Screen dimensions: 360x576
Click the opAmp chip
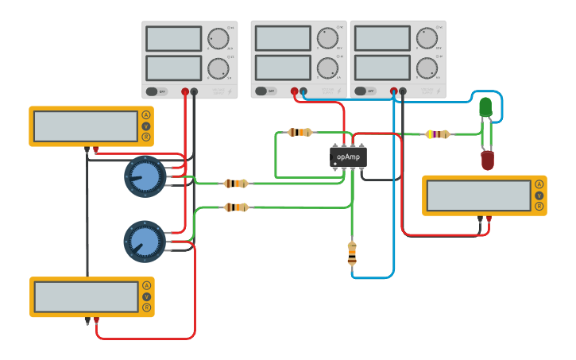(x=348, y=157)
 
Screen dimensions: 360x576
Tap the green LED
(x=485, y=107)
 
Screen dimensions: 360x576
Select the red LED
(x=487, y=161)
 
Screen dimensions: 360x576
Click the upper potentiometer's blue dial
(x=145, y=177)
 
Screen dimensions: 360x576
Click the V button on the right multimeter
(x=539, y=195)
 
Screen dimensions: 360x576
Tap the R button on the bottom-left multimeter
(x=146, y=308)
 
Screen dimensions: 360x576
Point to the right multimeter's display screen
(x=477, y=195)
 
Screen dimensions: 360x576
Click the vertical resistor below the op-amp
(x=352, y=254)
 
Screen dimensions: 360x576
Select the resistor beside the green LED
(x=438, y=134)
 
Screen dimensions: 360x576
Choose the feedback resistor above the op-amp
(x=300, y=132)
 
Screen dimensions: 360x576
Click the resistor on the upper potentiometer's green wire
(x=235, y=184)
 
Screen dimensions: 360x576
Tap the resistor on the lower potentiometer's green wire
(x=235, y=207)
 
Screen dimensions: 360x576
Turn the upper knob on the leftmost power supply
(x=218, y=39)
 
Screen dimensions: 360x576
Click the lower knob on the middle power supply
(x=327, y=68)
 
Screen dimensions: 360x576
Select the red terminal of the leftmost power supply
(x=185, y=92)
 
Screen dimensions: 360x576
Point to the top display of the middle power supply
(x=283, y=38)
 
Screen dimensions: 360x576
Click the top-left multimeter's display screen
(x=86, y=126)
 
